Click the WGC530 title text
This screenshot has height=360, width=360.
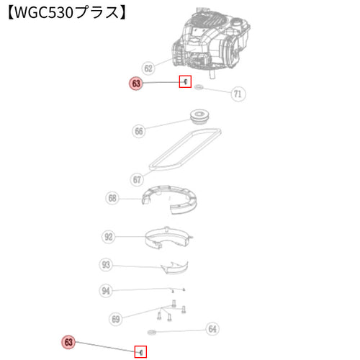point(67,13)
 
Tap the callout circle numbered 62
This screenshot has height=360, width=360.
point(148,68)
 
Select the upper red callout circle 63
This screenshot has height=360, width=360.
point(136,84)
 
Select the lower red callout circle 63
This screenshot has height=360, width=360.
point(68,342)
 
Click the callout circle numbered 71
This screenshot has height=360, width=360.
point(238,94)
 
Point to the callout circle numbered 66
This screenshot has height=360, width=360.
point(139,131)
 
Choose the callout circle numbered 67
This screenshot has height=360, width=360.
point(137,179)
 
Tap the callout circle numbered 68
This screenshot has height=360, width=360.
point(112,198)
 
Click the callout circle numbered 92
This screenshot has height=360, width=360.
point(109,237)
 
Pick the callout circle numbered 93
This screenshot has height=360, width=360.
point(106,265)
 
